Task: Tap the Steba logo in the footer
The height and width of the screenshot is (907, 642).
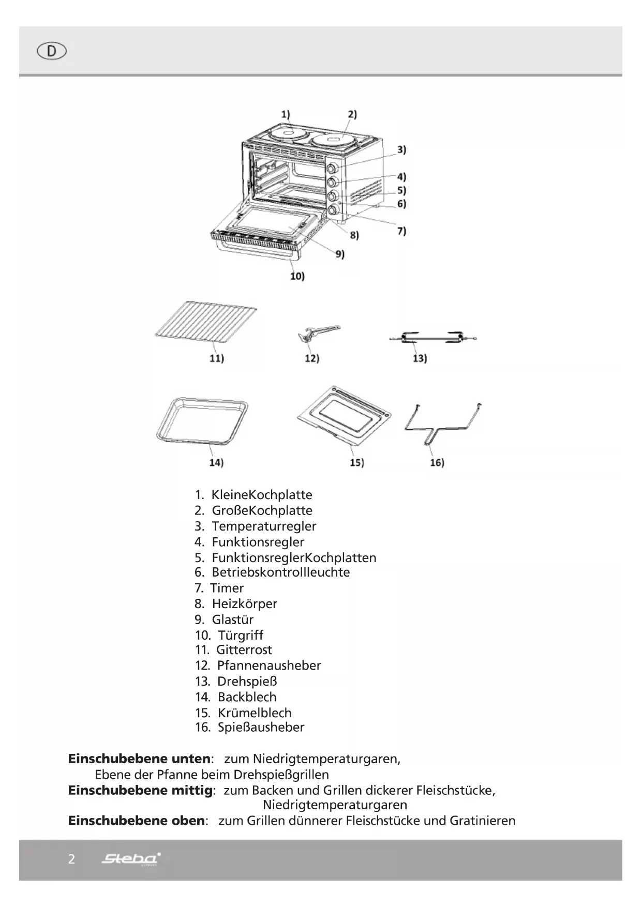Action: pos(131,858)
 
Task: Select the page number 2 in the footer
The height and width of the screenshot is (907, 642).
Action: pos(71,859)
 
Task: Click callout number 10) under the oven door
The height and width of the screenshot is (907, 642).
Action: pos(297,276)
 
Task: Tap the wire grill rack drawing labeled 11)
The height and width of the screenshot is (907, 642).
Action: pos(206,323)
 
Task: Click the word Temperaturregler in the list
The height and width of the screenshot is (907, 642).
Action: pos(264,526)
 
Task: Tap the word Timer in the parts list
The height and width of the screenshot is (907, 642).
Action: pos(227,588)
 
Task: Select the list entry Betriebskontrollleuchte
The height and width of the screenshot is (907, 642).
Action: pos(280,572)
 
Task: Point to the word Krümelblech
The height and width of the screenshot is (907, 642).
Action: pos(255,713)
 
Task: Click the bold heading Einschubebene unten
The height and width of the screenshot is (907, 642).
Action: pos(139,759)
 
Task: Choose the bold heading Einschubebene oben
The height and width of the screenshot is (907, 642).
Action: pos(136,821)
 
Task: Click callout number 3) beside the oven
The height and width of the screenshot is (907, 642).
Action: pos(401,150)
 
